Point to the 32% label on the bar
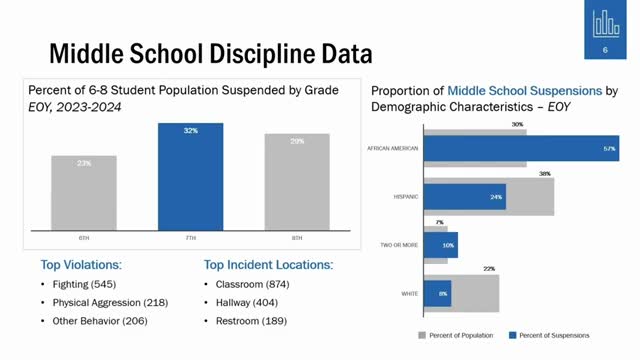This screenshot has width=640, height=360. [191, 131]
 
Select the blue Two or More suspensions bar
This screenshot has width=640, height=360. [441, 245]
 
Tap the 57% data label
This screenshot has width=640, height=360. [610, 150]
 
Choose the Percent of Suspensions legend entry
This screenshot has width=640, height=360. [549, 334]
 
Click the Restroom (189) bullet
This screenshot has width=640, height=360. [249, 321]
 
